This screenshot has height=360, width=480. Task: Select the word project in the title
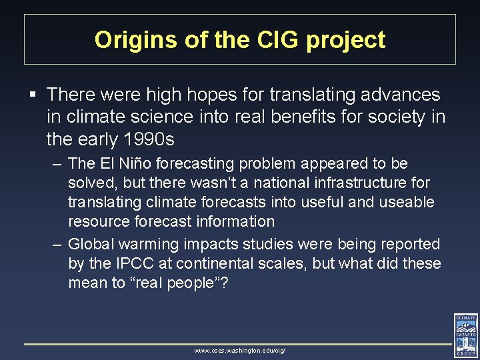point(345,40)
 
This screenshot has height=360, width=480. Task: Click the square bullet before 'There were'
point(33,95)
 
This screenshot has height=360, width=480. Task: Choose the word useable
point(406,202)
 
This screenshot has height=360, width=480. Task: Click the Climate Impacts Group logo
point(465,335)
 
